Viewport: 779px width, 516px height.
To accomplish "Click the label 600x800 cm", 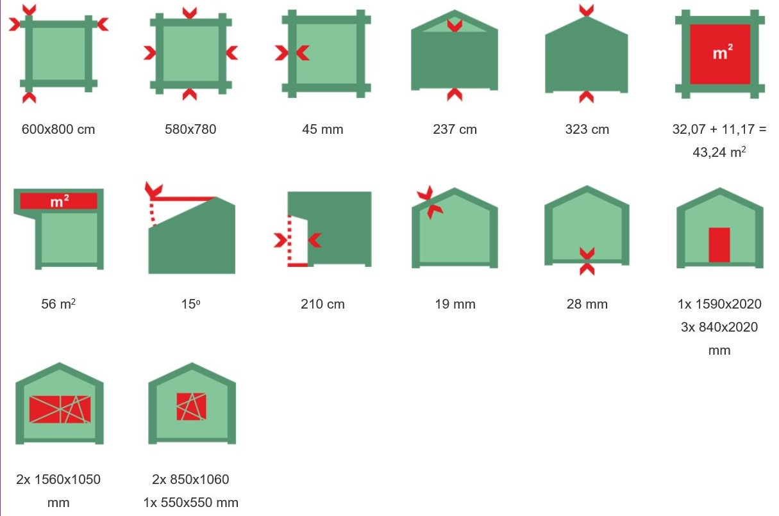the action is [x=58, y=129].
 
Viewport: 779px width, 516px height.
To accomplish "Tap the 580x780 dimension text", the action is [x=190, y=129].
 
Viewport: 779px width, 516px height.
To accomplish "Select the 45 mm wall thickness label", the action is [x=322, y=129].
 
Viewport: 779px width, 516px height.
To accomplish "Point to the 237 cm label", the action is [x=455, y=129].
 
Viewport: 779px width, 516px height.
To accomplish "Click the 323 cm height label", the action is [x=587, y=129].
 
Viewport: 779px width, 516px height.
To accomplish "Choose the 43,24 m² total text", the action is [x=719, y=152].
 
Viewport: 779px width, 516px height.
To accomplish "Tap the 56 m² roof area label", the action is [x=58, y=304].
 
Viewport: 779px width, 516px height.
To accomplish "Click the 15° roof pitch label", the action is [x=190, y=304].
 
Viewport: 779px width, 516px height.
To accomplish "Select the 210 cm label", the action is [x=322, y=304].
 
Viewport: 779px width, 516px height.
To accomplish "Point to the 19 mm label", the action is [x=455, y=304].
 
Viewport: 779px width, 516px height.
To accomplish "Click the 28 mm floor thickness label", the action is [x=587, y=304].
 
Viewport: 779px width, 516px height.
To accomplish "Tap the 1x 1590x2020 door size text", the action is [x=719, y=304].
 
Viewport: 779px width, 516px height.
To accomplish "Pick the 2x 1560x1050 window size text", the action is [x=58, y=480].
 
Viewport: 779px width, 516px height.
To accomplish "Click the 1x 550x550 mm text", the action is [x=190, y=503].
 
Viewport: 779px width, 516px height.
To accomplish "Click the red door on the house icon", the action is [x=719, y=245].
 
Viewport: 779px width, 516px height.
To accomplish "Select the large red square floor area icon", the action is [x=720, y=54].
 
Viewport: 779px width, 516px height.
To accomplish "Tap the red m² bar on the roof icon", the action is [x=58, y=201].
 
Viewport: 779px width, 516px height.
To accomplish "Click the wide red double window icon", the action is [x=60, y=409].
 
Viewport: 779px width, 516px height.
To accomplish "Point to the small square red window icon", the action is [x=191, y=407].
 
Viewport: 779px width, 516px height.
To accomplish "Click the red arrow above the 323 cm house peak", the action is [x=587, y=10].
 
